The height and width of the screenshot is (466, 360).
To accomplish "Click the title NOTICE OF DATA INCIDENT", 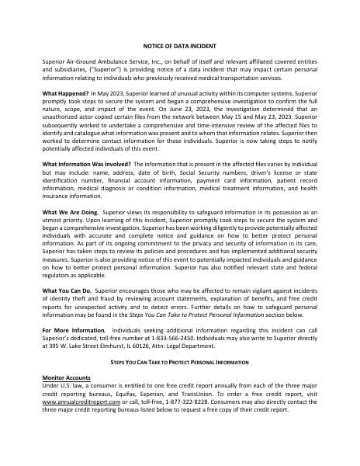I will point(179,47).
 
